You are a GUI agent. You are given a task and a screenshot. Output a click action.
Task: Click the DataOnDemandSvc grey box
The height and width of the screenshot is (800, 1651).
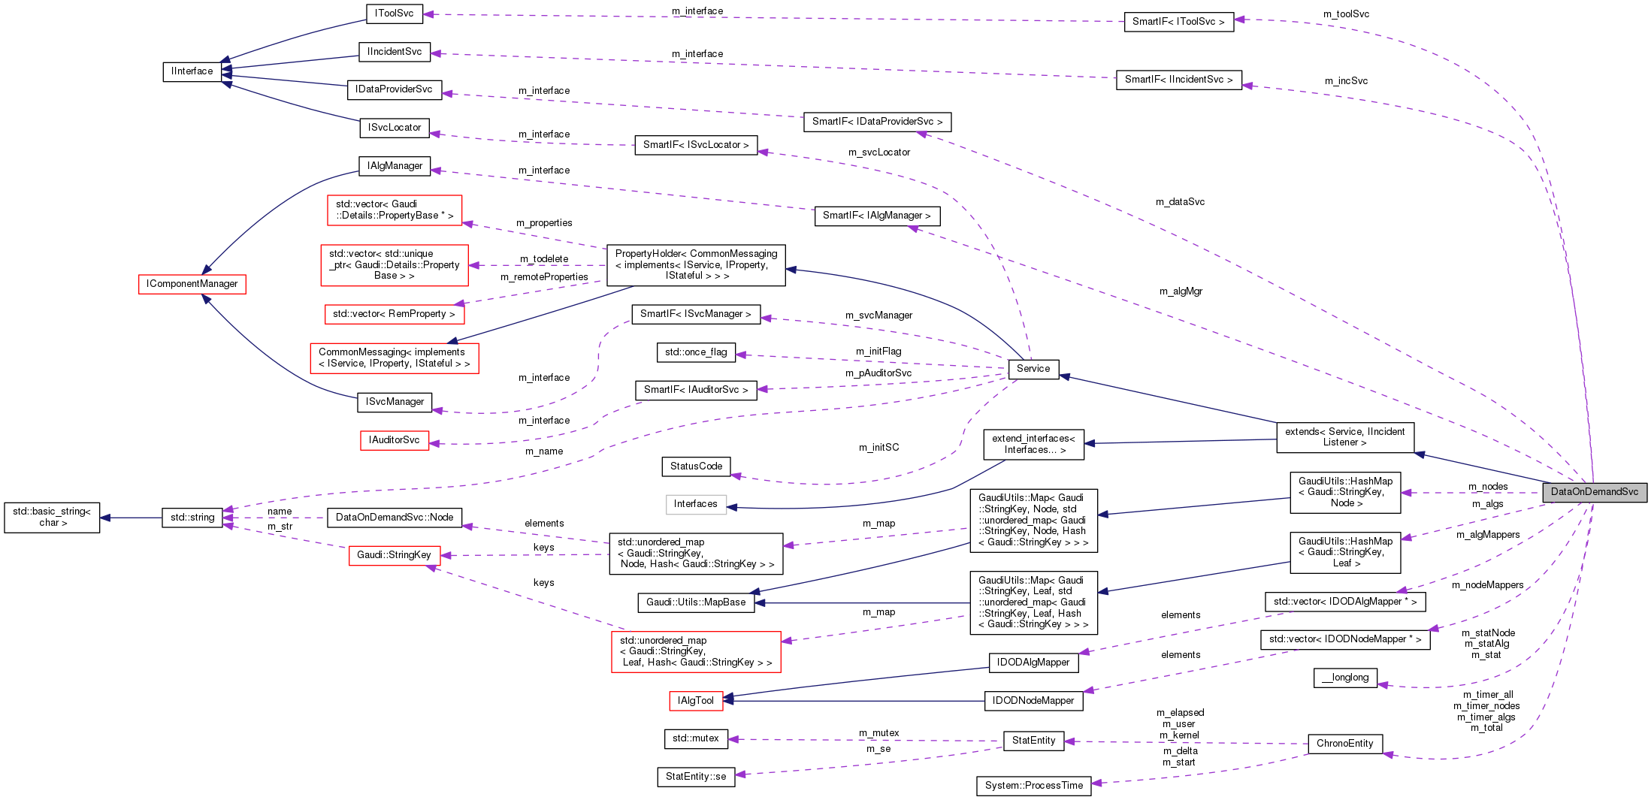(x=1594, y=492)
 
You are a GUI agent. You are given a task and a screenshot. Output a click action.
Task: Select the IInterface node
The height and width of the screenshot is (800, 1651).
(x=192, y=71)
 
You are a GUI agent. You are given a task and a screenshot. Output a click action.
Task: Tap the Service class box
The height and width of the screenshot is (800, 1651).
(x=1033, y=369)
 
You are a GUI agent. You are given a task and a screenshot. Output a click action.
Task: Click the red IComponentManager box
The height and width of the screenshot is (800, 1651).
(x=192, y=284)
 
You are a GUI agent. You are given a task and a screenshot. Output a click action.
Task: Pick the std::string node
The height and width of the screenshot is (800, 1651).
(x=192, y=518)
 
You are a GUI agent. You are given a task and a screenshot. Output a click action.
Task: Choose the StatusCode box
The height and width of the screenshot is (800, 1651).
(x=696, y=466)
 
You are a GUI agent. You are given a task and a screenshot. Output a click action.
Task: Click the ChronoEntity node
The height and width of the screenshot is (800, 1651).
(x=1344, y=744)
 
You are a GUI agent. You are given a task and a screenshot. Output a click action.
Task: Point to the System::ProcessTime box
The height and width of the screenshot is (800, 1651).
(x=1033, y=786)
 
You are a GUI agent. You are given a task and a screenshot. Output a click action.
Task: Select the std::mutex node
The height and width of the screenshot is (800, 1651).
(x=696, y=738)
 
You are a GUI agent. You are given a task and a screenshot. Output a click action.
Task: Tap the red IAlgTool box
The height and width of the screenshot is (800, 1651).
(x=696, y=701)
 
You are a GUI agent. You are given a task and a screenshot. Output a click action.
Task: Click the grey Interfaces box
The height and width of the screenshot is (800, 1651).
(x=696, y=504)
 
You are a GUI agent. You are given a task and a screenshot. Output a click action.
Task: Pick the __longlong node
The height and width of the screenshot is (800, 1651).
(x=1345, y=678)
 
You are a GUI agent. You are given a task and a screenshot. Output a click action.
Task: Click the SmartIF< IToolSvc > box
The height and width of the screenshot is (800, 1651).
(x=1178, y=22)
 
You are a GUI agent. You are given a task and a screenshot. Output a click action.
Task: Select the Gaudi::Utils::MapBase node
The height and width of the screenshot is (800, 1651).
(x=696, y=602)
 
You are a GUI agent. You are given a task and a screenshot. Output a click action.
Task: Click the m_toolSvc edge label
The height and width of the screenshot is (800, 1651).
(x=1347, y=14)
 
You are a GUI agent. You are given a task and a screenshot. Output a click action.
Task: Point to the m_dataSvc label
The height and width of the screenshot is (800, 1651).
(x=1180, y=202)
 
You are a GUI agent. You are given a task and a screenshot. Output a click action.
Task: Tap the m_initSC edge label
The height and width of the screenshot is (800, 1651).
(x=878, y=448)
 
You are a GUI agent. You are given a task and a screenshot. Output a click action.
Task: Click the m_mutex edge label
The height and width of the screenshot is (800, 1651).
(x=878, y=733)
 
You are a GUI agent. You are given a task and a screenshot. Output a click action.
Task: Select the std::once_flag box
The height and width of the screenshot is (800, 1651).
(x=696, y=352)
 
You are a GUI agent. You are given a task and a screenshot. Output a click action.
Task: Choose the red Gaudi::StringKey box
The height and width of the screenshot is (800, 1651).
(x=394, y=555)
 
